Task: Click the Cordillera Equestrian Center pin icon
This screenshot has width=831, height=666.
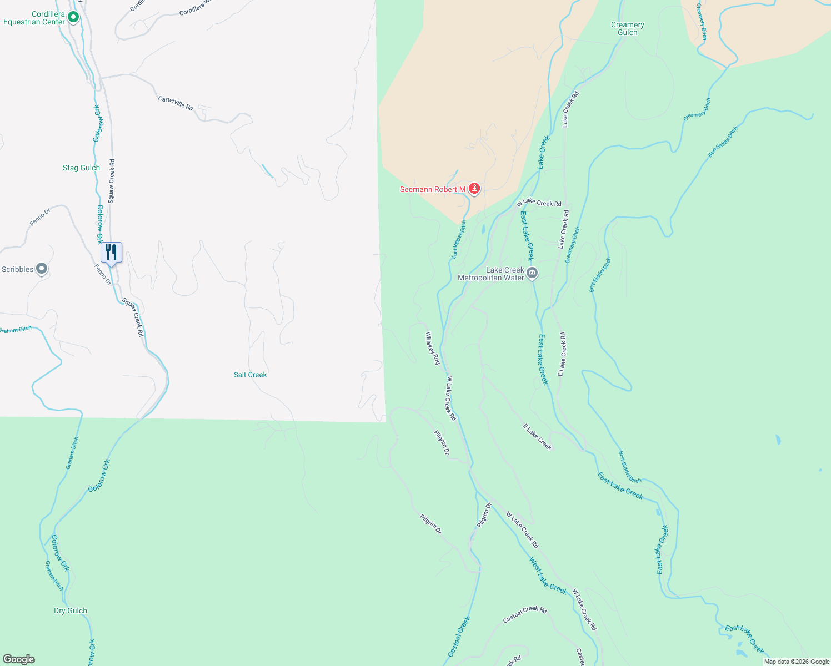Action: tap(73, 18)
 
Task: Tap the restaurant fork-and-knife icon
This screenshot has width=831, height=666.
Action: tap(111, 253)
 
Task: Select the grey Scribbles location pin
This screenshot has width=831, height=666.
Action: tap(42, 269)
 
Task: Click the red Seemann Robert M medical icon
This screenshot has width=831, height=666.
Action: tap(474, 189)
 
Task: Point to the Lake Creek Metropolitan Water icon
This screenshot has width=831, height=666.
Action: tap(532, 273)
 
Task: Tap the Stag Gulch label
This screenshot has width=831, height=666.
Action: tap(81, 168)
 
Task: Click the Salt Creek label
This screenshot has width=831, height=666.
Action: tap(250, 375)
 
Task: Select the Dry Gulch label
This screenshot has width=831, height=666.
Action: tap(71, 610)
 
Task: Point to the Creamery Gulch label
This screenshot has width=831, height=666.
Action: tap(628, 28)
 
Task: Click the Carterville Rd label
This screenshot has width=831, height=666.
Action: tap(176, 103)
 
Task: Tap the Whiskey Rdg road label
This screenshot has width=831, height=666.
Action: tap(433, 348)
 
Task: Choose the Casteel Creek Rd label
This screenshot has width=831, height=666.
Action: tap(525, 614)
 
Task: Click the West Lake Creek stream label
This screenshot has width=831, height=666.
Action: tap(548, 576)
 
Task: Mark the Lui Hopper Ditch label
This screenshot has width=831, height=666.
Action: tap(459, 239)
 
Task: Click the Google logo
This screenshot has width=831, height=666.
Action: tap(19, 659)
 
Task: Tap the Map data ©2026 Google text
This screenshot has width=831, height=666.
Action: tap(797, 662)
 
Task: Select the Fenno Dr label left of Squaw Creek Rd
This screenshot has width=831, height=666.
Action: tap(40, 216)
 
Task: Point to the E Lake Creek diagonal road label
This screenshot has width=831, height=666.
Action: tap(537, 437)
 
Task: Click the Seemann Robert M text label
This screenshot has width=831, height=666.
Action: tap(433, 189)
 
